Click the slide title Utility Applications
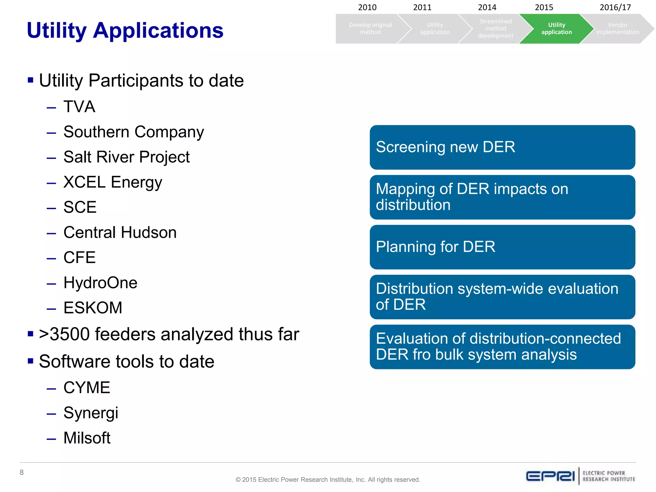[125, 30]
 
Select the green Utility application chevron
[556, 29]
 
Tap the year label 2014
[487, 7]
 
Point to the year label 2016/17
[615, 7]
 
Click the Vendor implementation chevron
[617, 29]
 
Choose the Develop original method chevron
[370, 29]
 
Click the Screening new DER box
[502, 147]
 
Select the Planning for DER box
[502, 247]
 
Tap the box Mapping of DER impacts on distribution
[502, 197]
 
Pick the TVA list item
[79, 107]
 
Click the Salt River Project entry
[127, 157]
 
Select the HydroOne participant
[100, 283]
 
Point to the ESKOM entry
[93, 308]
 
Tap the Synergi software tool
[91, 413]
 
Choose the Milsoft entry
[87, 438]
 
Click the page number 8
[22, 472]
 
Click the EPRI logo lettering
[550, 476]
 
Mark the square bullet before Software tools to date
[31, 361]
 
